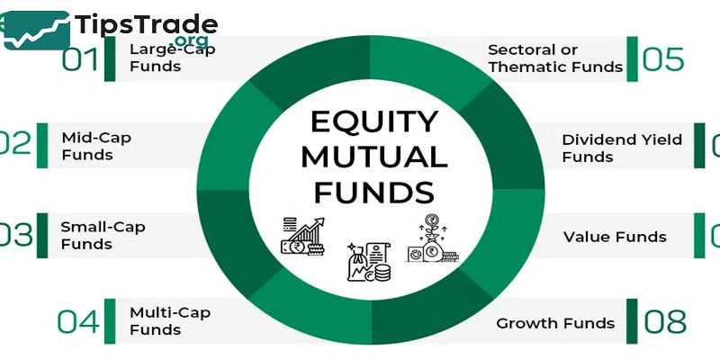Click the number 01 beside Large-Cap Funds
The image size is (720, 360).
(x=79, y=60)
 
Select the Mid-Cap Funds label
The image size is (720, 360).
(x=87, y=146)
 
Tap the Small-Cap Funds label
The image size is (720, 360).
(x=90, y=235)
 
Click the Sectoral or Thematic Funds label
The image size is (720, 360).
(x=554, y=58)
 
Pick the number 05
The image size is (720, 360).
(x=664, y=58)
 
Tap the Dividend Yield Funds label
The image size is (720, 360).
(x=622, y=148)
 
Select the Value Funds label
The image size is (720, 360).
(x=615, y=237)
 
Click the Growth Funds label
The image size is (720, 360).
(x=555, y=323)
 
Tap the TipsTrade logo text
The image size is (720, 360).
(x=147, y=24)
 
